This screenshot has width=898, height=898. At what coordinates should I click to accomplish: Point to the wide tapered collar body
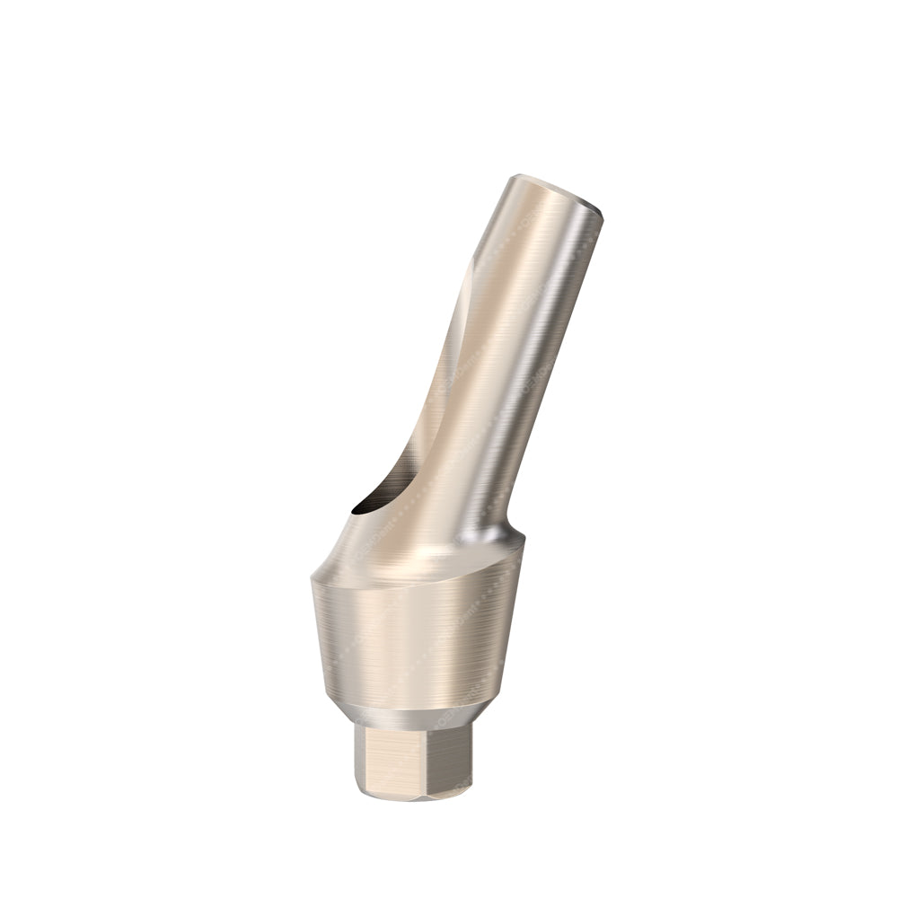click(x=413, y=638)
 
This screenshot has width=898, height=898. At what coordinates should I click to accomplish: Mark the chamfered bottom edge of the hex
click(x=413, y=794)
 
